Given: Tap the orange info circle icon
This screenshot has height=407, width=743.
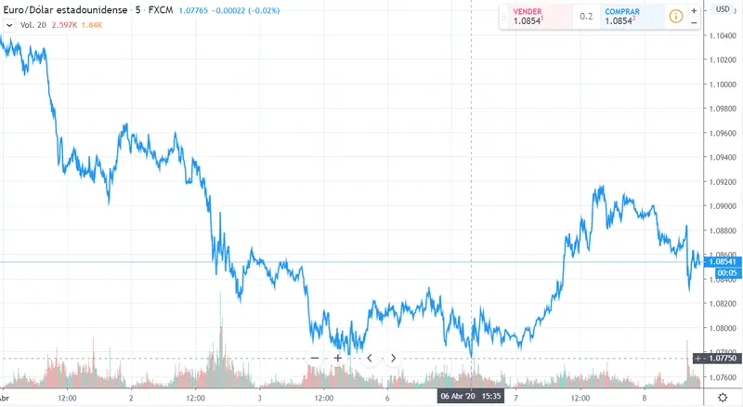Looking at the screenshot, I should tap(676, 17).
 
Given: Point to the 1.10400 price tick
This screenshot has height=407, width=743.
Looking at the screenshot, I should tap(723, 36).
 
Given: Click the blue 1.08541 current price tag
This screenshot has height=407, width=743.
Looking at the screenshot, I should tap(723, 262).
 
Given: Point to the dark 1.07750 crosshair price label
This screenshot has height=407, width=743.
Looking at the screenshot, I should tap(723, 358).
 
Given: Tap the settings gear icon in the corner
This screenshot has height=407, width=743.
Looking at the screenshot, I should tap(723, 397).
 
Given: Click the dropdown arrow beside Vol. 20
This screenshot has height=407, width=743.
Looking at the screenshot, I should tap(9, 25).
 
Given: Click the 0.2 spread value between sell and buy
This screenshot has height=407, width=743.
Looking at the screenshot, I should tap(586, 17).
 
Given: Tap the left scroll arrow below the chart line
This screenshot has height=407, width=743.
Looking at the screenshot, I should tap(370, 358).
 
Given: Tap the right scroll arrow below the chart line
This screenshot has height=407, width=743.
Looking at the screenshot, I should tap(393, 358).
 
